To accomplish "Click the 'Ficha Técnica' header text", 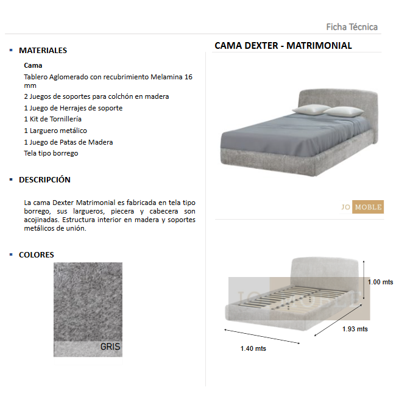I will pos(351,27).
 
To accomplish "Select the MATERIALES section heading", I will pos(43,51).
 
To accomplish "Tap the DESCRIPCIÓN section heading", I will pos(44,180).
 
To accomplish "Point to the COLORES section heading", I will pos(36,255).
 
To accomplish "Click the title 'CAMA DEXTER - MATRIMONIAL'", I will pos(283,46).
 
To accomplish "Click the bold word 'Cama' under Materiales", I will pos(33,65).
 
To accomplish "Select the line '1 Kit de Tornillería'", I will pos(52,119).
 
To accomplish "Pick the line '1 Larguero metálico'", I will pos(55,131).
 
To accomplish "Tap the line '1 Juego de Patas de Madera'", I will pos(68,142).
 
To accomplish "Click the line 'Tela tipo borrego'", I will pos(51,153).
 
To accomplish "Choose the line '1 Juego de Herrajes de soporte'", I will pos(72,108).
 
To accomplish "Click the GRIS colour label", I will pos(110,347).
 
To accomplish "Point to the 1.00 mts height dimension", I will pos(380,282).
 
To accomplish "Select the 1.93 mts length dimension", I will pos(355,329).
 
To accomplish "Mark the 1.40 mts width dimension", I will pos(253,348).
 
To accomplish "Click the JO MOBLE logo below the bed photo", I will pos(362,207).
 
